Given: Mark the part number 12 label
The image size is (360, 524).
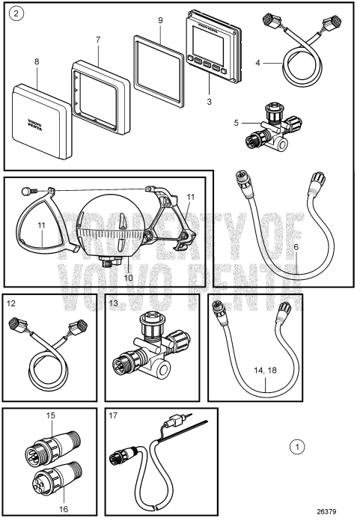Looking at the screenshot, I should click(11, 304).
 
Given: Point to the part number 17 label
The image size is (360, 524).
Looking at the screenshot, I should click(112, 416).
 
